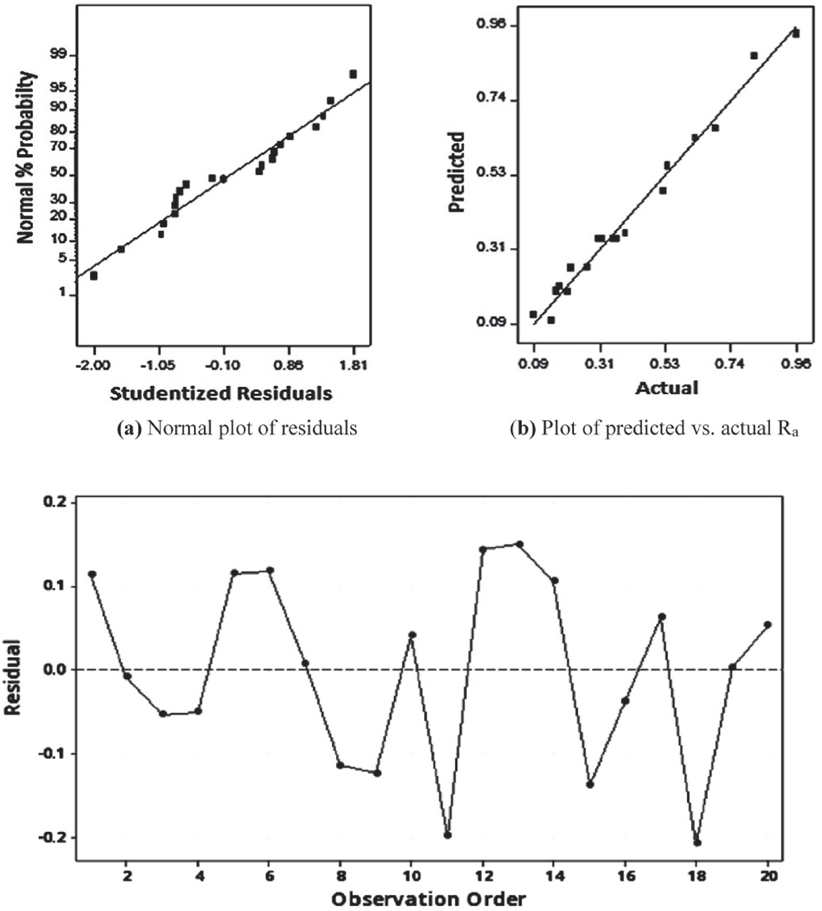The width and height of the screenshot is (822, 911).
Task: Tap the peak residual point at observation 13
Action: click(519, 544)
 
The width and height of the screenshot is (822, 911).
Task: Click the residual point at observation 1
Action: click(92, 574)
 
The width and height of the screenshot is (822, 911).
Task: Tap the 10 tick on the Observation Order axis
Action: click(411, 875)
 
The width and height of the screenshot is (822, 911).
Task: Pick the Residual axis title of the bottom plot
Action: click(13, 677)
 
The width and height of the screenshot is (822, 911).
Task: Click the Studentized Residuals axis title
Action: click(221, 393)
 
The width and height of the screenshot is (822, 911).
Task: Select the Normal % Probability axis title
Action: click(26, 157)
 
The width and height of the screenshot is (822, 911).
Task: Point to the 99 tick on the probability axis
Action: click(60, 55)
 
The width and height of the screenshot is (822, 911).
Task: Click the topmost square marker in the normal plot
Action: click(353, 74)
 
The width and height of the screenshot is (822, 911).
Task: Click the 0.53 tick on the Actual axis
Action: click(665, 364)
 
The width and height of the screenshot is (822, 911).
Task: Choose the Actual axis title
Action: click(667, 388)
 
